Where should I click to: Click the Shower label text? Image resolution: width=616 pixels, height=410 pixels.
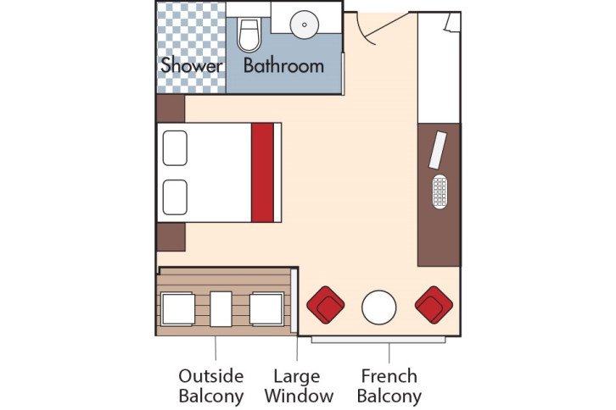click(191, 65)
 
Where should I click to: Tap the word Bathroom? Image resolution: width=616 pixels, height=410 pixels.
click(283, 65)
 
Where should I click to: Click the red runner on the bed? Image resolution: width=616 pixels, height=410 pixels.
click(263, 172)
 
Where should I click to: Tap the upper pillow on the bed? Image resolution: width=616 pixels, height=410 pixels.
click(175, 147)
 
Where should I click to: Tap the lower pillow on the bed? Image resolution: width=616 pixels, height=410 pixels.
click(175, 197)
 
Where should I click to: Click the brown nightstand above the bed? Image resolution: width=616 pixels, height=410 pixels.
click(171, 108)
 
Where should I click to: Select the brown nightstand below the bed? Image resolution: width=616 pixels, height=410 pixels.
click(171, 236)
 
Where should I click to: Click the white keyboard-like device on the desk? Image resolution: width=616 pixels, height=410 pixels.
click(439, 192)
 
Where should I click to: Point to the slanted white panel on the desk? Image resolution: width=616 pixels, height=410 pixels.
click(438, 151)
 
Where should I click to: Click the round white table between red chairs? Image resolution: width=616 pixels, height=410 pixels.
click(378, 307)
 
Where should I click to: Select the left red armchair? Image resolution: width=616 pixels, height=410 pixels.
click(325, 304)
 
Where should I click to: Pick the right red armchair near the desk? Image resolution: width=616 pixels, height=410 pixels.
click(434, 304)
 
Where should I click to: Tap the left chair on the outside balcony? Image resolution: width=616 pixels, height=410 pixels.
click(178, 308)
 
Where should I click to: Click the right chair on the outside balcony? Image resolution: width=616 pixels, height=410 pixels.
click(266, 308)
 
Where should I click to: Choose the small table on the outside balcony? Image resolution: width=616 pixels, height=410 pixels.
click(221, 308)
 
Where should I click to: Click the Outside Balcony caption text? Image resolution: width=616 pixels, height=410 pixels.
click(210, 385)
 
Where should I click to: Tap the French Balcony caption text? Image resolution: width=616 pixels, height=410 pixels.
click(389, 385)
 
